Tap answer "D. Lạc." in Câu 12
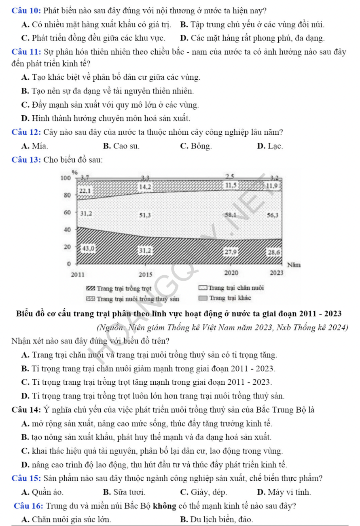tap(269, 146)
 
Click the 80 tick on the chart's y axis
tap(67, 195)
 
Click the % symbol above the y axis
tap(74, 172)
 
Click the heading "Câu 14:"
tap(27, 409)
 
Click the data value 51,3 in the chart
tap(146, 215)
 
